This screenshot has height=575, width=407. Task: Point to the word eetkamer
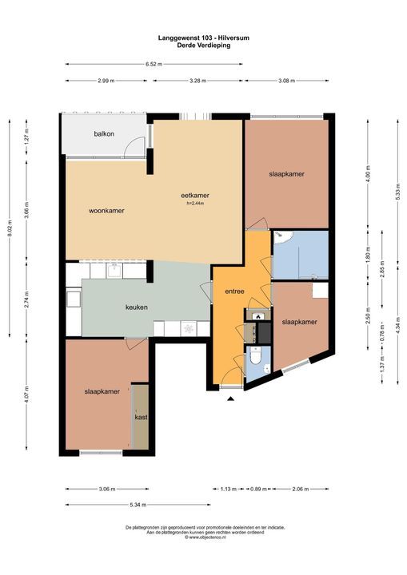[x=195, y=195]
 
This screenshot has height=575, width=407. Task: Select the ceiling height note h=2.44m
[x=195, y=203]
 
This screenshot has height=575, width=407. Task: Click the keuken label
[x=137, y=307]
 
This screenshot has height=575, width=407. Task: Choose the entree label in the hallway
[x=233, y=291]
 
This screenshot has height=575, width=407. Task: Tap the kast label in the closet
[x=141, y=417]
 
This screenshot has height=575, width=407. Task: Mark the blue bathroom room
[x=300, y=254]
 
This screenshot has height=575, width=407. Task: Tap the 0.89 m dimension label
[x=257, y=488]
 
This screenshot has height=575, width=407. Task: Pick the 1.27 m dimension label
[x=26, y=137]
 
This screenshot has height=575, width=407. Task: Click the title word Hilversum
[x=230, y=37]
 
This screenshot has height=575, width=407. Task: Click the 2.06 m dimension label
[x=301, y=488]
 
